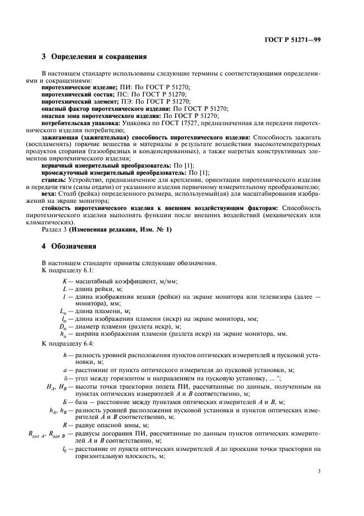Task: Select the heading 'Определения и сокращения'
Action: pyautogui.click(x=99, y=56)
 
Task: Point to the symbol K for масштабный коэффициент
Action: pyautogui.click(x=65, y=281)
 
